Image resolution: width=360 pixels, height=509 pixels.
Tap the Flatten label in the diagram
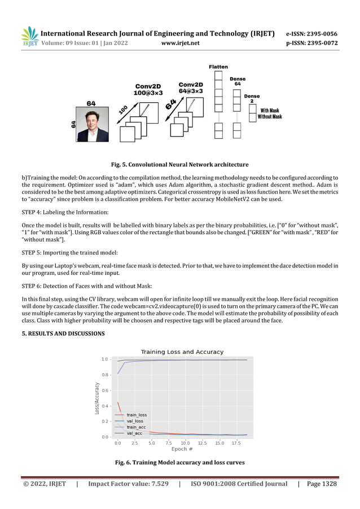point(218,67)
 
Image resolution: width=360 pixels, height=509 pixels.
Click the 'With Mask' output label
point(270,111)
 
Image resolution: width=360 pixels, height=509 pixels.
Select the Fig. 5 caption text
point(179,165)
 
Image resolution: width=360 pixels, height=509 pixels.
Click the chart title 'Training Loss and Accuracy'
point(182,352)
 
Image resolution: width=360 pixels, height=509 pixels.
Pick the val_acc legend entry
point(134,433)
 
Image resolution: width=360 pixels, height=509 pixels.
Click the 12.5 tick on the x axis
point(201,444)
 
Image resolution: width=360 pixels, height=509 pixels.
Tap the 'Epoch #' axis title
point(182,450)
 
